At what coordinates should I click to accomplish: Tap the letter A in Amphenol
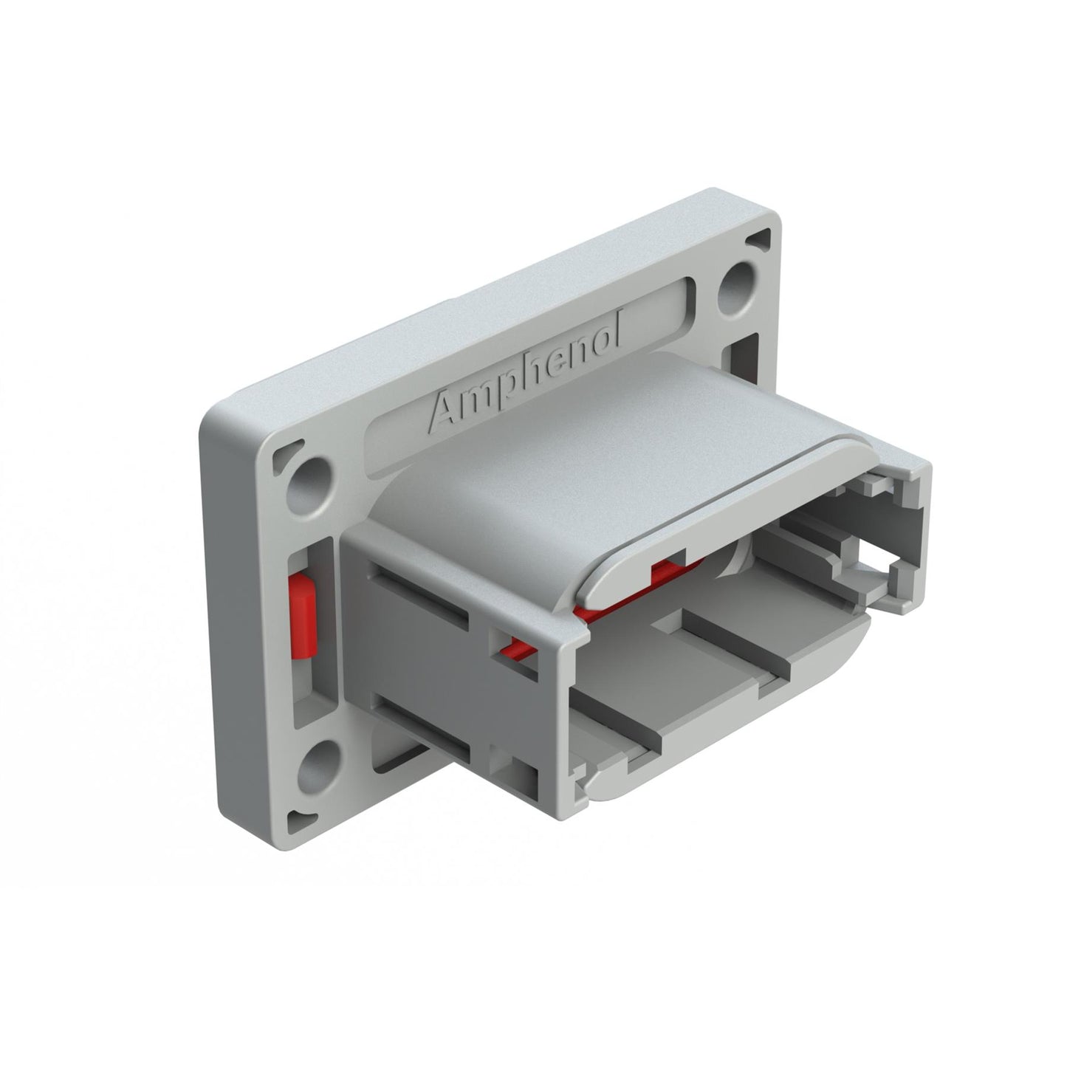point(447,411)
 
